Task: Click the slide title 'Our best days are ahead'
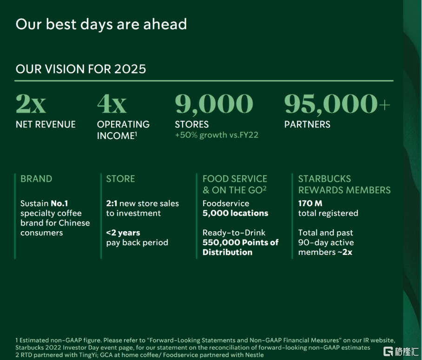click(x=101, y=25)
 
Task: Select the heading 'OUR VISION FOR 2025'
click(x=81, y=69)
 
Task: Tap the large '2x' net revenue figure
click(x=31, y=104)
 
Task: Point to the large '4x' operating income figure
click(x=112, y=104)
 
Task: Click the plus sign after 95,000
click(x=385, y=105)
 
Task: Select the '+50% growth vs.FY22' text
click(x=217, y=135)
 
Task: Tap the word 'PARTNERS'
click(x=307, y=124)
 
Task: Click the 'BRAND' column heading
click(x=36, y=179)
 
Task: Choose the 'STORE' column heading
click(x=120, y=179)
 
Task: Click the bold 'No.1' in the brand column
click(x=59, y=203)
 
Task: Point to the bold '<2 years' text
click(x=123, y=233)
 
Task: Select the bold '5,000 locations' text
click(x=236, y=213)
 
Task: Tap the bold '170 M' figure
click(x=310, y=203)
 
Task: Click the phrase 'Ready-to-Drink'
click(x=234, y=233)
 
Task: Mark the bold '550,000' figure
click(x=219, y=242)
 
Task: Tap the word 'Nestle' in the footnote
click(x=255, y=355)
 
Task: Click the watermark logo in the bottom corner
click(x=401, y=351)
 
